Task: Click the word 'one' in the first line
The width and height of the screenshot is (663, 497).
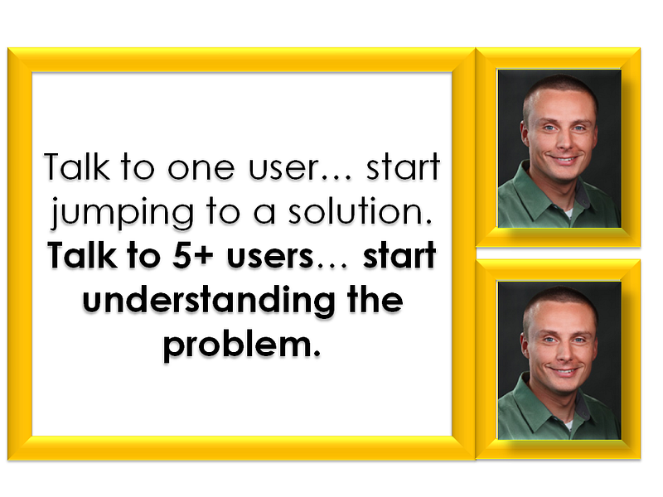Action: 201,168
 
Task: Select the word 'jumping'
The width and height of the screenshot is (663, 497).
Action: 122,212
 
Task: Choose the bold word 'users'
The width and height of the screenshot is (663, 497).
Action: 270,257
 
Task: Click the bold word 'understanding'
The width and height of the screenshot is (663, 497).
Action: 209,300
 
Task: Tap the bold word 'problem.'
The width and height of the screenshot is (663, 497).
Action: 242,345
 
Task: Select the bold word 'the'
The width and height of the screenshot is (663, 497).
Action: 375,299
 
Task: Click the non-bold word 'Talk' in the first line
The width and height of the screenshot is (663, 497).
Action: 76,166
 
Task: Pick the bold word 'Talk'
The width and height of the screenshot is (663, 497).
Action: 82,255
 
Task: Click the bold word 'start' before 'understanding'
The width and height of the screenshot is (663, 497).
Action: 399,255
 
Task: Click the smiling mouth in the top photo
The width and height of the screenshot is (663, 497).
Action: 564,160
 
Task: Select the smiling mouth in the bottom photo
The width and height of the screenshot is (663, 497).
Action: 564,371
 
